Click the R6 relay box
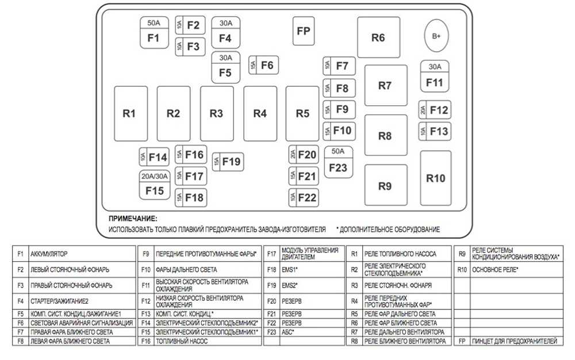coord(378,38)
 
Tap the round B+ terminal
coord(436,36)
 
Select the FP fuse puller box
coord(303,31)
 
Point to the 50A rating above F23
coord(338,152)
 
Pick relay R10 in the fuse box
coord(436,178)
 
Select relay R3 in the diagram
coord(216,113)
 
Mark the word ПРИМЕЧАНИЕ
coord(133,219)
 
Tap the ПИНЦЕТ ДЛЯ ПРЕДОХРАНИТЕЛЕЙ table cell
coord(514,341)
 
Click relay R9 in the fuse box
coord(385,186)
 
